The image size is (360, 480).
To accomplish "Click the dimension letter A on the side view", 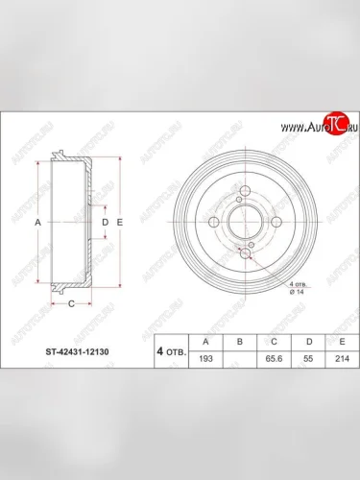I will pos(37,222).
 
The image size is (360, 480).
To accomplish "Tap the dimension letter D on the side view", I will pos(105,222).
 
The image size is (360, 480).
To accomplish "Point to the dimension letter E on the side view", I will pos(119,222).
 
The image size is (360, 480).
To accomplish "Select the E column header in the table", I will pos(336,340).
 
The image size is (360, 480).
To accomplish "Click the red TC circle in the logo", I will pos(334,122).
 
